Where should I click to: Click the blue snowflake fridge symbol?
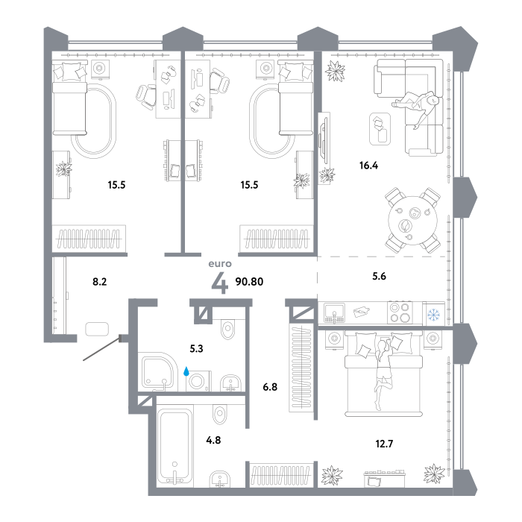pos(433,314)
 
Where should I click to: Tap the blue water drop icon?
pos(186,371)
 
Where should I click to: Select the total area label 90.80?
pos(249,282)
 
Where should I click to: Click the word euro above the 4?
pos(220,264)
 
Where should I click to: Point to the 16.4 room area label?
pos(368,165)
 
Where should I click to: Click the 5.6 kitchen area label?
pos(379,276)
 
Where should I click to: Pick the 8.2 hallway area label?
pos(99,282)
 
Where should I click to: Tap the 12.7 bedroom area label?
pos(384,444)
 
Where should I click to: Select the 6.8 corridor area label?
pos(270,387)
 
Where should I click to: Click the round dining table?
pos(413,220)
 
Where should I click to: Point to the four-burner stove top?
pos(400,312)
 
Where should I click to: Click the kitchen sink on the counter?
pos(335,313)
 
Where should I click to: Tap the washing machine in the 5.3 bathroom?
pos(198,381)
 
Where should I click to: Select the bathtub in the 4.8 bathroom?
pos(174,445)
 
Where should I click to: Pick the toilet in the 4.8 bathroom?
pos(220,412)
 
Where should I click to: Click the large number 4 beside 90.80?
pos(220,283)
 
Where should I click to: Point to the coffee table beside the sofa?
pos(380,129)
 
